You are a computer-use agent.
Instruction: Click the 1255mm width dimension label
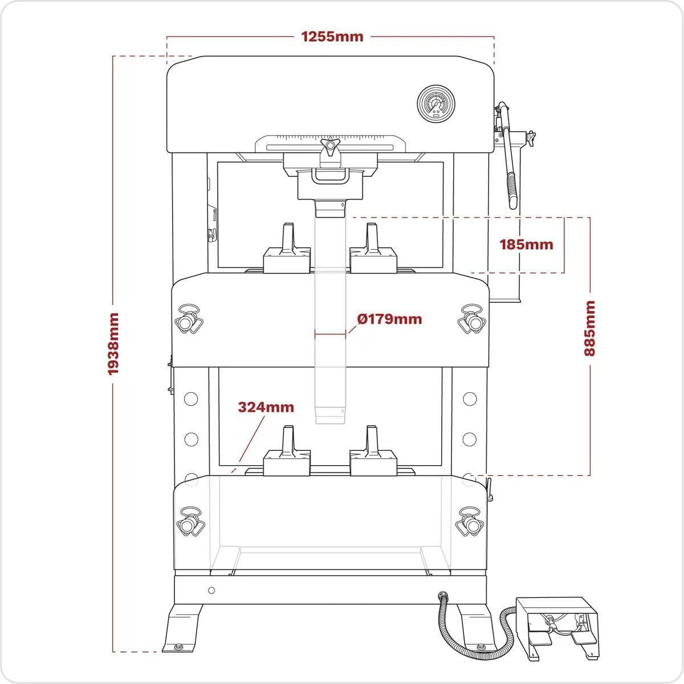click(x=332, y=36)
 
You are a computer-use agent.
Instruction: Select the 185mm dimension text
click(x=526, y=245)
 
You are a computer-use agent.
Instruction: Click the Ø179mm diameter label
click(x=390, y=319)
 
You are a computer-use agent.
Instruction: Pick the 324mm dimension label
click(x=266, y=407)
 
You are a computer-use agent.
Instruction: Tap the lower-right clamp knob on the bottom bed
click(x=471, y=521)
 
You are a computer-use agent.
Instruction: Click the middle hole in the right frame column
click(x=470, y=438)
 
